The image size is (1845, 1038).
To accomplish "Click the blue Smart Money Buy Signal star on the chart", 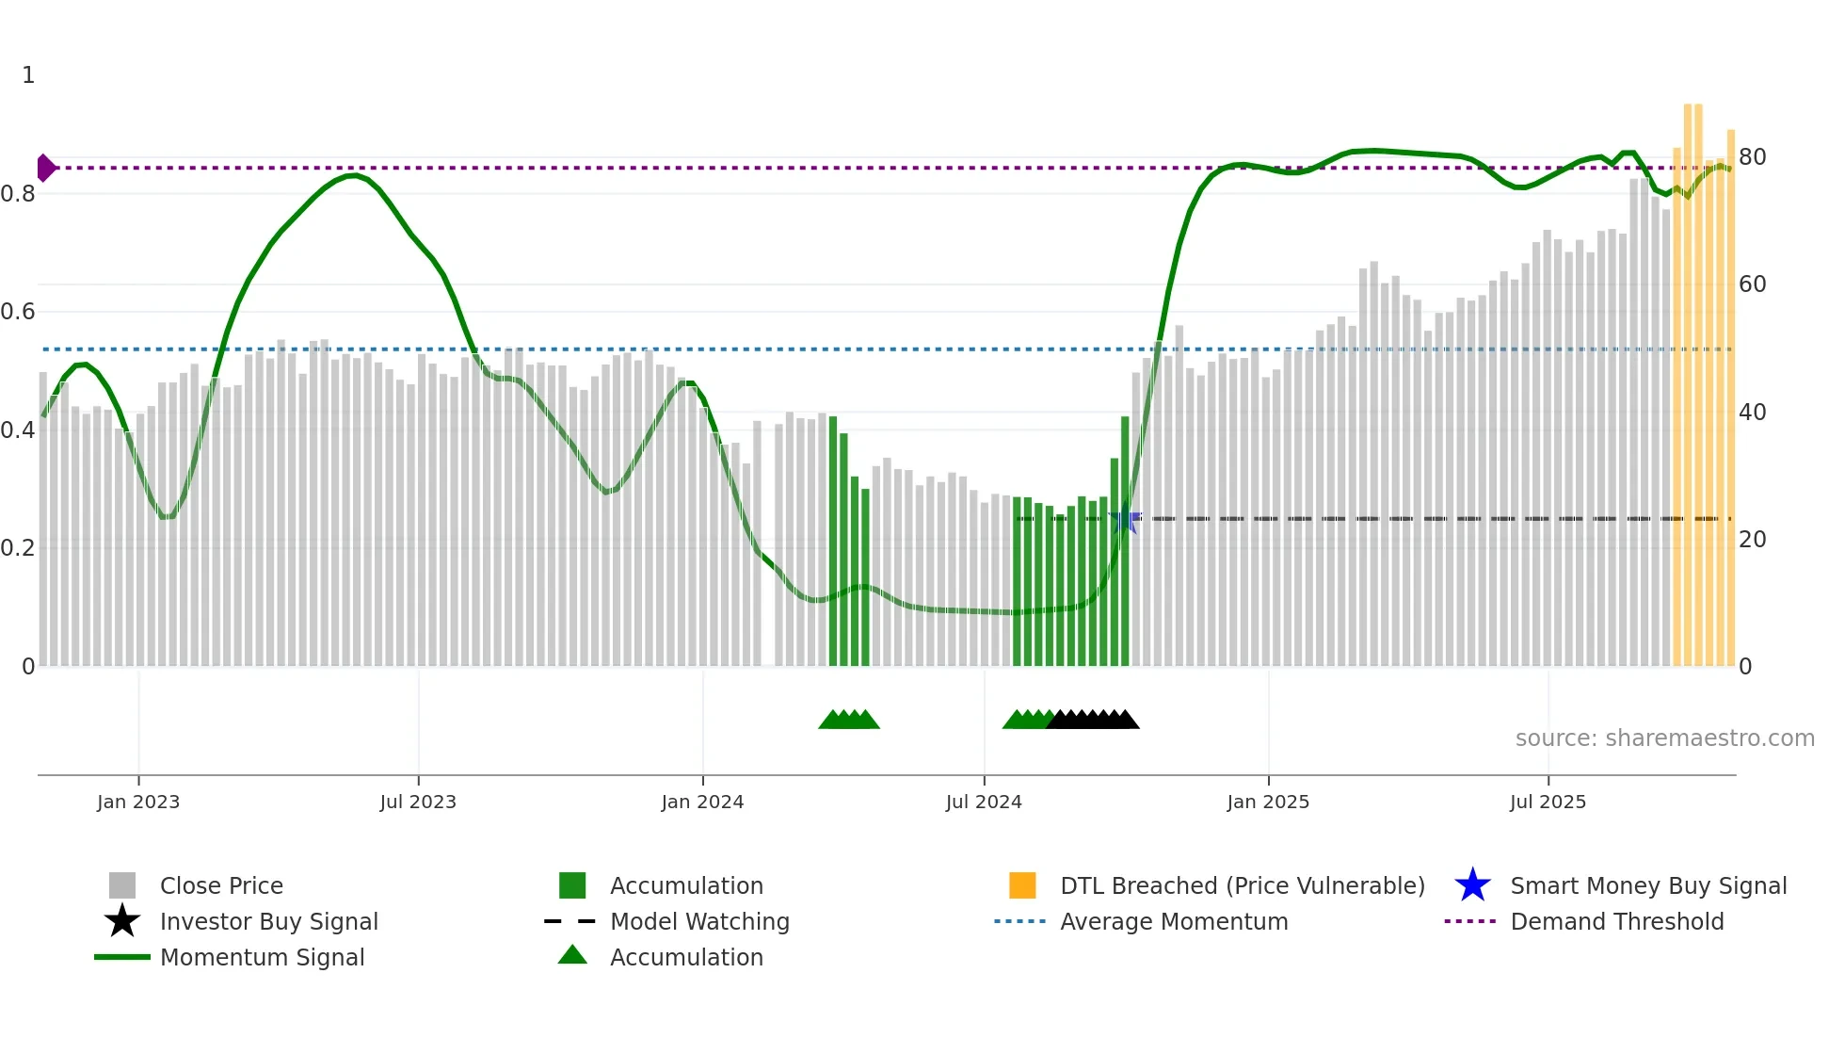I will tap(1125, 519).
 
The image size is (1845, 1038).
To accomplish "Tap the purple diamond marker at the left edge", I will tap(45, 168).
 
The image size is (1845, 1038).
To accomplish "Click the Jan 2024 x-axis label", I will tap(702, 803).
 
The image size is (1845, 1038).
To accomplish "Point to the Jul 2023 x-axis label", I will tap(418, 803).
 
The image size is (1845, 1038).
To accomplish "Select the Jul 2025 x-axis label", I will tap(1548, 803).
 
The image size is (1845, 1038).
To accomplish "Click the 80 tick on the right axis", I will tap(1752, 157).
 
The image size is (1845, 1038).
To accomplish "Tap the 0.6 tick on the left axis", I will tap(18, 312).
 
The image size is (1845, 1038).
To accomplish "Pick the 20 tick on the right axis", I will tap(1752, 540).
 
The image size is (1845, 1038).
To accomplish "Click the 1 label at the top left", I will tap(28, 75).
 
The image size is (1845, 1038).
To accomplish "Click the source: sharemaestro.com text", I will tap(1664, 738).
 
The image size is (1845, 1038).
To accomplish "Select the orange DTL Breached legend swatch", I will tap(1022, 885).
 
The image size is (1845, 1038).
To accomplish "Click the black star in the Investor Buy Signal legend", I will tap(122, 921).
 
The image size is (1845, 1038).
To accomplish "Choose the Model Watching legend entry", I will tap(699, 921).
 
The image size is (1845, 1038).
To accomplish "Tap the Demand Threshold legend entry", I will tap(1616, 921).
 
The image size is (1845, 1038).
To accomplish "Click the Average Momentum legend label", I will tap(1174, 921).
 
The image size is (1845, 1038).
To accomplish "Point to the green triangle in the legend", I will tap(572, 956).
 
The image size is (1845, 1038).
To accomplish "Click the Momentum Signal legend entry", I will tap(262, 957).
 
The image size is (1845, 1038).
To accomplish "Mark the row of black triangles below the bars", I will tap(1092, 720).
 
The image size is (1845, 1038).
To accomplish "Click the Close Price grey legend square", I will tap(122, 885).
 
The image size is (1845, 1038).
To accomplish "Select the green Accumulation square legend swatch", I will tap(572, 885).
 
